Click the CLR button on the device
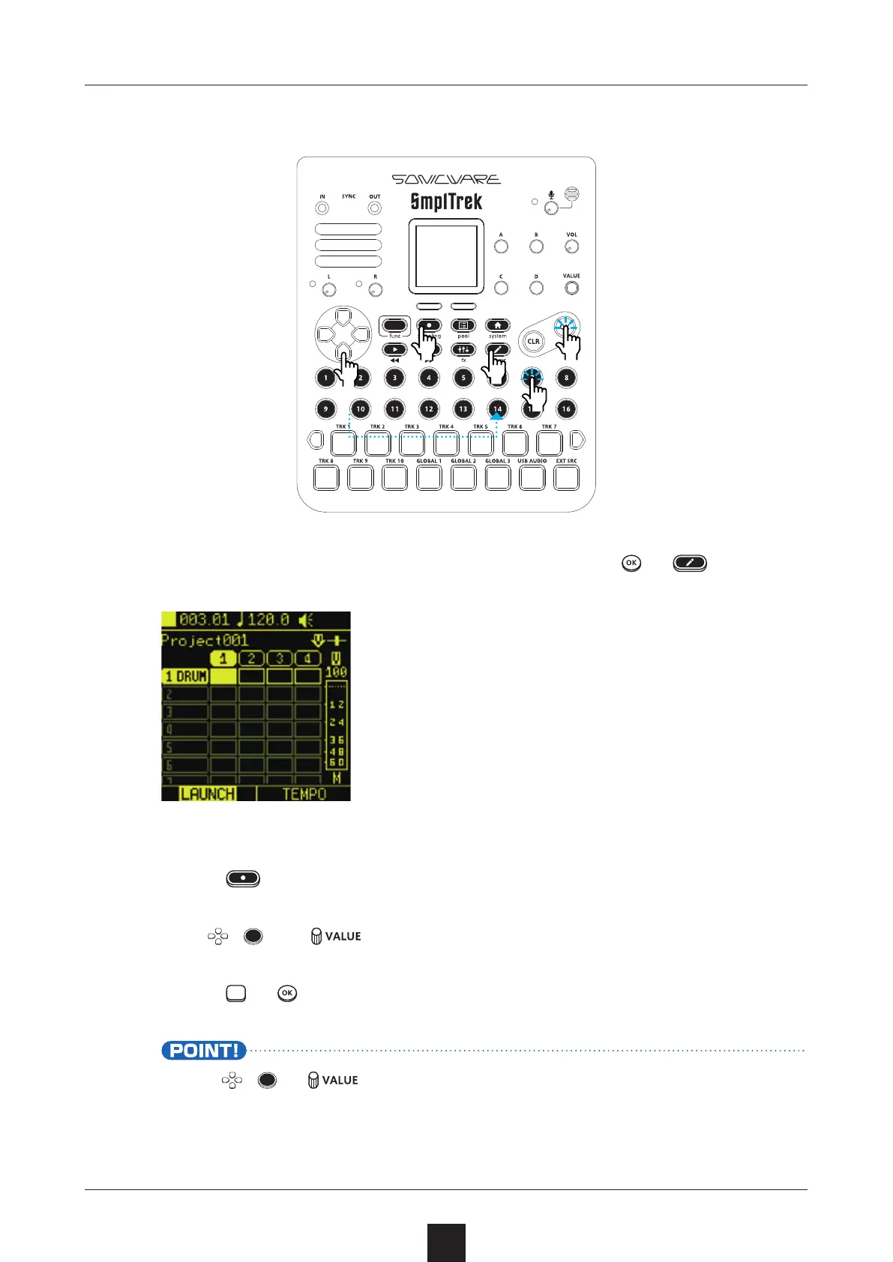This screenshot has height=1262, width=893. (x=533, y=342)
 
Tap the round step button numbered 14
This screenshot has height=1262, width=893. (x=497, y=408)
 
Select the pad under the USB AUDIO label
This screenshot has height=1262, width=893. (x=532, y=477)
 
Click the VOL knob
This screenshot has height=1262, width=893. (x=571, y=247)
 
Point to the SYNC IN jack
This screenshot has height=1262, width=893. (x=322, y=208)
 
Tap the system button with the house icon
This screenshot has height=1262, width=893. (x=497, y=325)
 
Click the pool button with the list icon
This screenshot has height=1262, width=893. (x=463, y=325)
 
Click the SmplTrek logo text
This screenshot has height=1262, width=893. (x=446, y=202)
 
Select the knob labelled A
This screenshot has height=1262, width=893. (x=501, y=247)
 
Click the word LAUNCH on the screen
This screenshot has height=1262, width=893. (x=208, y=794)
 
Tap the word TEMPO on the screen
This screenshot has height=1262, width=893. (x=304, y=794)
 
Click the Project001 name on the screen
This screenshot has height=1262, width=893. (x=205, y=641)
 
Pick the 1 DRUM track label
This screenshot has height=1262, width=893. (x=186, y=676)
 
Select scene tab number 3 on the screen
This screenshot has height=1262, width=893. (x=280, y=659)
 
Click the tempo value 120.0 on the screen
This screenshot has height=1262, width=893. (x=268, y=620)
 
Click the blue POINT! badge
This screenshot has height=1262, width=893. (x=203, y=1051)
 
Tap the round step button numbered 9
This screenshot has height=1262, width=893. (x=325, y=408)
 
